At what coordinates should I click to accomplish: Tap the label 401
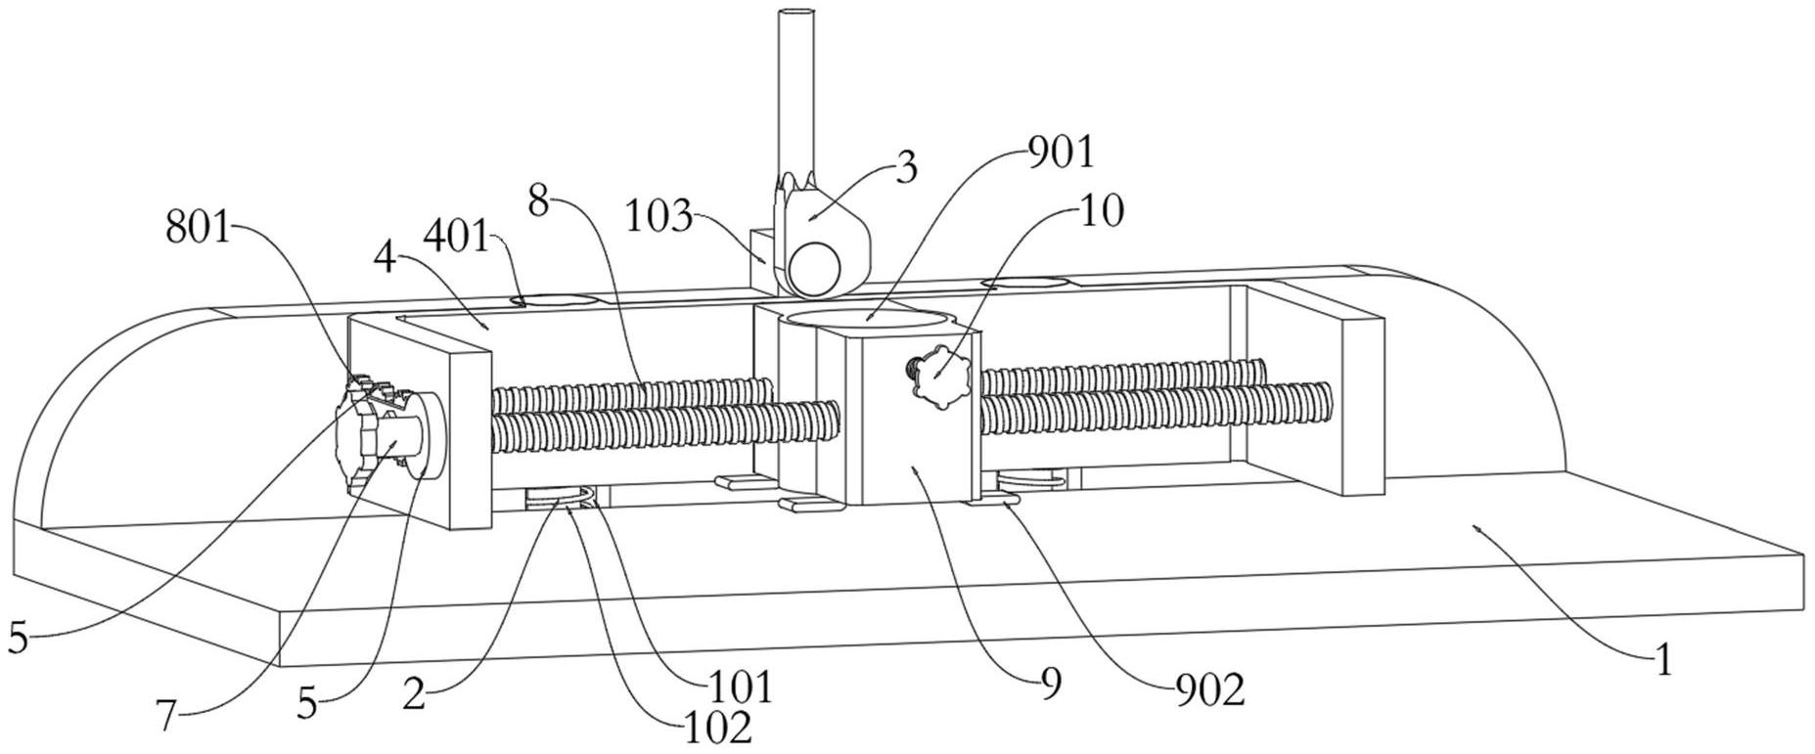pyautogui.click(x=456, y=237)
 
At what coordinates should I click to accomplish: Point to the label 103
pyautogui.click(x=659, y=216)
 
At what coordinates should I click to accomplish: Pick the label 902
pyautogui.click(x=1209, y=690)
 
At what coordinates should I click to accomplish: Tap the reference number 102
pyautogui.click(x=716, y=727)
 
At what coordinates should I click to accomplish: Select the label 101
pyautogui.click(x=740, y=687)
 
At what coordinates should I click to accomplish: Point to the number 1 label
pyautogui.click(x=1664, y=661)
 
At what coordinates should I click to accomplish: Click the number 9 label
pyautogui.click(x=1051, y=685)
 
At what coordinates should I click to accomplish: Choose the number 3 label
pyautogui.click(x=907, y=168)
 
